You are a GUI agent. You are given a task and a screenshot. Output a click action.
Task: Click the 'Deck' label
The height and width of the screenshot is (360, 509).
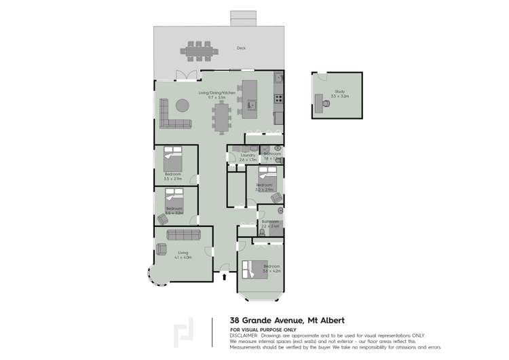click(x=241, y=48)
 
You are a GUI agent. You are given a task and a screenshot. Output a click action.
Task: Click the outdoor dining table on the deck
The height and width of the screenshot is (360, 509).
click(x=200, y=50)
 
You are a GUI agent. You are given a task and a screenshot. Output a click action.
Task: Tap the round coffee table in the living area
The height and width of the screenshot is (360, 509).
click(x=183, y=106)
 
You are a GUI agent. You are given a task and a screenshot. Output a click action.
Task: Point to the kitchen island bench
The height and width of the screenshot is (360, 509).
click(x=250, y=94)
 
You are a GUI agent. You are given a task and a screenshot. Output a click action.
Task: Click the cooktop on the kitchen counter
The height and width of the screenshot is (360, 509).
click(x=278, y=99)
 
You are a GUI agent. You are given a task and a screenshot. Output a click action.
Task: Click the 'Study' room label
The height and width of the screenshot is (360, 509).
click(x=339, y=92)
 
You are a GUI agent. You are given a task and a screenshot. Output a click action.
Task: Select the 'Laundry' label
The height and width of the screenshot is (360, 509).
click(x=247, y=155)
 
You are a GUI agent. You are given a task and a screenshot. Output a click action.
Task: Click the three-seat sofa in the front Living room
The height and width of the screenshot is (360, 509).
click(x=183, y=235)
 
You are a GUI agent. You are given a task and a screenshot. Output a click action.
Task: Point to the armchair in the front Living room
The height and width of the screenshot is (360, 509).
click(x=162, y=249)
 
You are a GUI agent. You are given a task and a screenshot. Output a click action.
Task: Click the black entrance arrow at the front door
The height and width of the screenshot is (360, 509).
click(x=225, y=276)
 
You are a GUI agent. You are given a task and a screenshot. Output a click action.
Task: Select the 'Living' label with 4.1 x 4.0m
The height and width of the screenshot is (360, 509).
click(x=183, y=253)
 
